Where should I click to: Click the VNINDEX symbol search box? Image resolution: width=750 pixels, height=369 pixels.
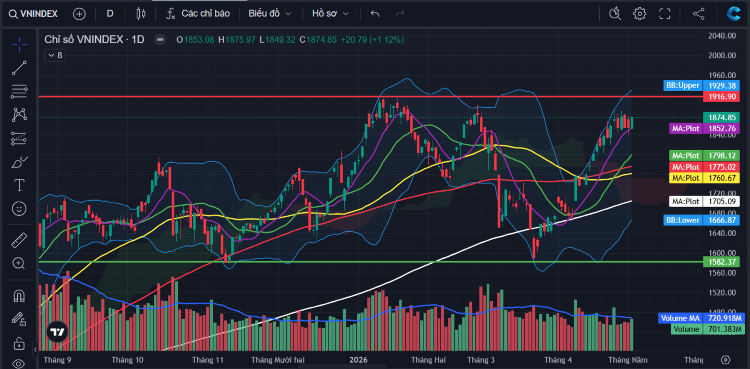point(33,14)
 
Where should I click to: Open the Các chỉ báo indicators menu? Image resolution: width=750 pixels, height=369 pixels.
point(198,14)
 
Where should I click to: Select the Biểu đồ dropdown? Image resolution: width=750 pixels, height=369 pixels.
point(270,14)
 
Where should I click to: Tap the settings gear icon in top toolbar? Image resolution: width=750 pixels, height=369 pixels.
point(639,14)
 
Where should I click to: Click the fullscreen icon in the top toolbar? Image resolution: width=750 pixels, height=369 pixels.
point(664,14)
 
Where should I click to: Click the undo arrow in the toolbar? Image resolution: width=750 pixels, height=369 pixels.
point(375,14)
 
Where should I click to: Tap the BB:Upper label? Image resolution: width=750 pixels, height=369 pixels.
point(683,85)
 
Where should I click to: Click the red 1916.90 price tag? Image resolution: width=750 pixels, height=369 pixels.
point(721,97)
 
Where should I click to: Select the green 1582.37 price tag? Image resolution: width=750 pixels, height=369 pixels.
point(721,262)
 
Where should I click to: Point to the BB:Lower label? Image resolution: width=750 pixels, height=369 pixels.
point(683,220)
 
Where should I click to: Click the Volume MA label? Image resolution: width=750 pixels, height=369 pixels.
point(680,318)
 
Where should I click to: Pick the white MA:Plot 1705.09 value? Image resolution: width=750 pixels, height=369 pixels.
point(721,201)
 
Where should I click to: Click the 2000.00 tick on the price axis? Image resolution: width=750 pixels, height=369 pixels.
point(722,56)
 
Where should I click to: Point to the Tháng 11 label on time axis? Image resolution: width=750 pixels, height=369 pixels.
point(208,360)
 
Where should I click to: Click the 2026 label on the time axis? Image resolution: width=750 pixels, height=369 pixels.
point(358,360)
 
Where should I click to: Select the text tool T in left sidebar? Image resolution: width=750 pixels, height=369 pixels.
point(19,185)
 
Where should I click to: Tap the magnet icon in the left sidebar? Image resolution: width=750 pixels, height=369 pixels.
point(19,296)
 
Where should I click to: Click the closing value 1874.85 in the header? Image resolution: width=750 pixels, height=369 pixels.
point(321,40)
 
